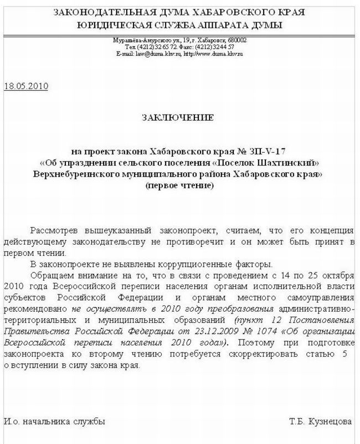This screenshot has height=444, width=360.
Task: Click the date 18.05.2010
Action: [x=27, y=86]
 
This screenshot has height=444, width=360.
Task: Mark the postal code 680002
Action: [x=236, y=40]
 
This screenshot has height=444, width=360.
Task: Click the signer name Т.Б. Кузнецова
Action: [x=320, y=422]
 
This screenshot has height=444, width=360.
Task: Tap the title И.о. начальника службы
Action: [x=54, y=422]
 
